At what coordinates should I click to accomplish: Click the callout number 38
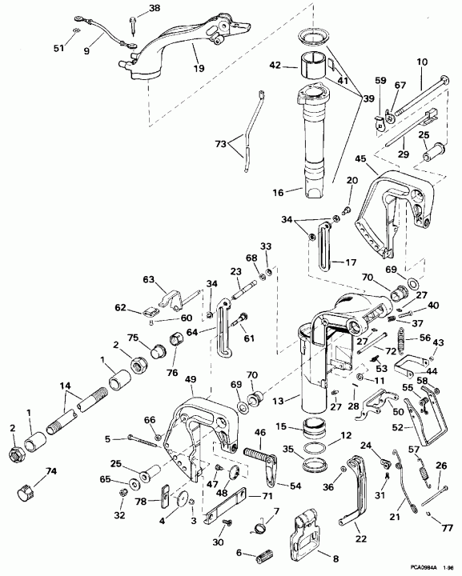pos(154,9)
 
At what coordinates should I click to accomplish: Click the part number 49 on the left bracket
pos(190,379)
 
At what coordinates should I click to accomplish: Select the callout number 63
pos(147,279)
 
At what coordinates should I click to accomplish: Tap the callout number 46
pos(259,433)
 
